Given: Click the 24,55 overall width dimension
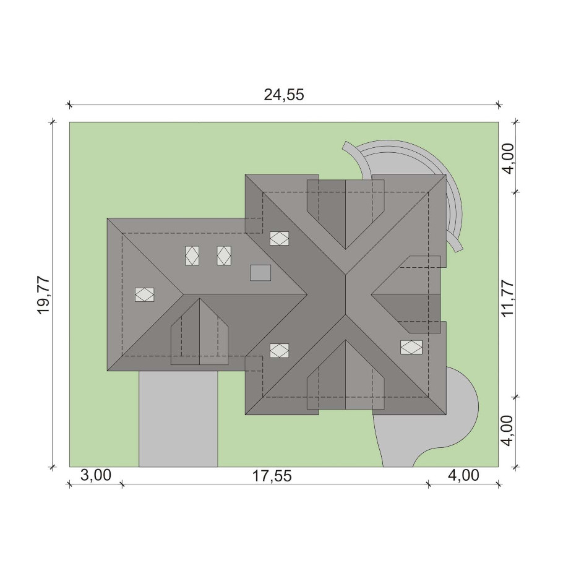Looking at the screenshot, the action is [284, 95].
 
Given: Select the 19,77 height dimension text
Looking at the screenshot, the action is [43, 295].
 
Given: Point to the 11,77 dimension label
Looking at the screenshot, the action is [508, 298].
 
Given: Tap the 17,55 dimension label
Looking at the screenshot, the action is [272, 476].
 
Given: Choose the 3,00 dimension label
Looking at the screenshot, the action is [96, 475].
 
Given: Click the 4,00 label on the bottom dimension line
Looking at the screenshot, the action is [463, 475].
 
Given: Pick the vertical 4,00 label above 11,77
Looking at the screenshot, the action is [508, 158].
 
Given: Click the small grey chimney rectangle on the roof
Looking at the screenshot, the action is [260, 273].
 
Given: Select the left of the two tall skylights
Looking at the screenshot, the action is [192, 255].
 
